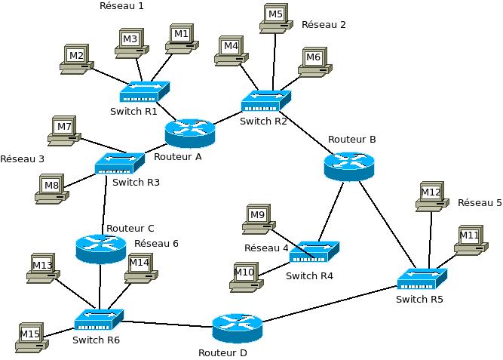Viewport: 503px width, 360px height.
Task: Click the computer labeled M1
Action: click(181, 38)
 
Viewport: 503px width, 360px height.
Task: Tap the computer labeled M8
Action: click(52, 188)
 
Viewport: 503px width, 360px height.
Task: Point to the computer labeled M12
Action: click(431, 196)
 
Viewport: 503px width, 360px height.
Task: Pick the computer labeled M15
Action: click(31, 337)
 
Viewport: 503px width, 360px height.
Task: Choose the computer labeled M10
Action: click(246, 276)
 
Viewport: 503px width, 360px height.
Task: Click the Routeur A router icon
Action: click(190, 133)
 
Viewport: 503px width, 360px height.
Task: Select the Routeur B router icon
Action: click(348, 166)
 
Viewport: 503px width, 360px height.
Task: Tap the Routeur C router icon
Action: click(101, 248)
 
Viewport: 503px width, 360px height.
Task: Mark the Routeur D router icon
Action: click(237, 328)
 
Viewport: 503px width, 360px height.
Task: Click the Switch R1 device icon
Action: click(144, 92)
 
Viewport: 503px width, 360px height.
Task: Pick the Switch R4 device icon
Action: click(314, 251)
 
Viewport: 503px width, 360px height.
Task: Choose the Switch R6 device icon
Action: click(98, 320)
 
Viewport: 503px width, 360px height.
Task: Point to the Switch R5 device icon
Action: click(422, 279)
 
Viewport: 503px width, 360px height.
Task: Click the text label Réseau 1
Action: click(121, 6)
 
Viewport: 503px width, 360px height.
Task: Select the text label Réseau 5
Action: click(480, 203)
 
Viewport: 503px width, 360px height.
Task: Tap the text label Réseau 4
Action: click(266, 248)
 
